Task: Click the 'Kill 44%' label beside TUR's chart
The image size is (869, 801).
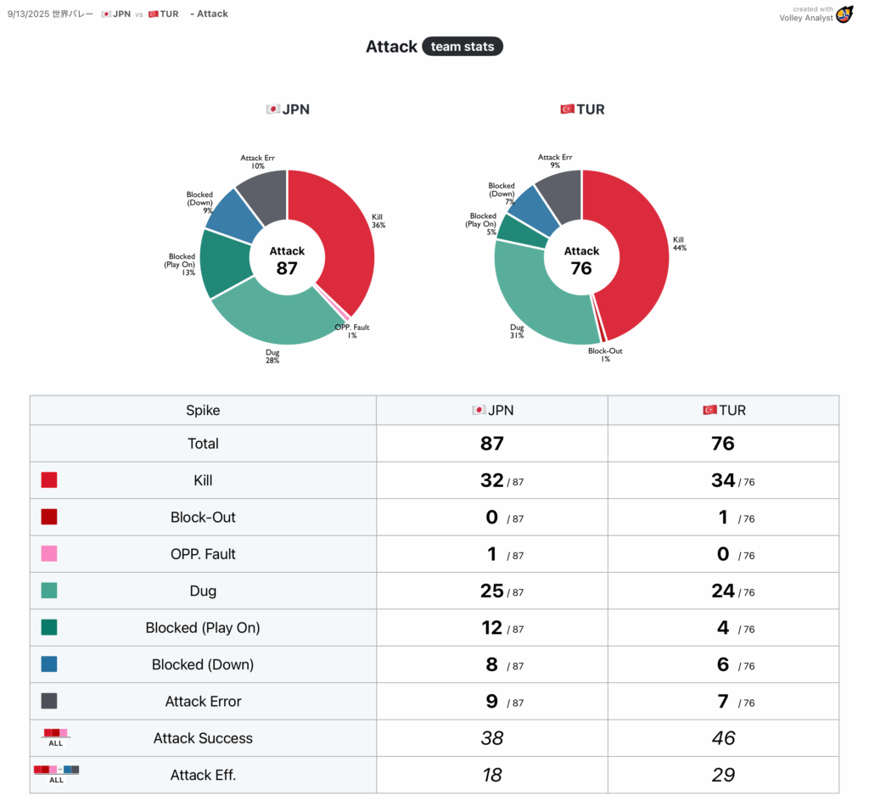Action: pyautogui.click(x=679, y=244)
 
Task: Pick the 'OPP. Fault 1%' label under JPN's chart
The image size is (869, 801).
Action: pyautogui.click(x=351, y=331)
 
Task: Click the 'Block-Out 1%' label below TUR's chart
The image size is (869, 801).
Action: pyautogui.click(x=604, y=355)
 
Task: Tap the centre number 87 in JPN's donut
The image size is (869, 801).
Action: pyautogui.click(x=287, y=268)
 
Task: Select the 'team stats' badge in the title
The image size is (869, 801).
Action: pyautogui.click(x=463, y=47)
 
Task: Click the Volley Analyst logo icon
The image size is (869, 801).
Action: pyautogui.click(x=844, y=14)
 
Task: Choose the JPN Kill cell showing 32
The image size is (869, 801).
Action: pyautogui.click(x=492, y=480)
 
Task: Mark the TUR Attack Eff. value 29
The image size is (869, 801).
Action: pyautogui.click(x=723, y=775)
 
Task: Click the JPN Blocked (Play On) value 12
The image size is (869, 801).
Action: pyautogui.click(x=492, y=628)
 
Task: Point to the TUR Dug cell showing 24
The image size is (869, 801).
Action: pyautogui.click(x=723, y=591)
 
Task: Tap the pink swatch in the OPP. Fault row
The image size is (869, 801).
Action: pyautogui.click(x=49, y=554)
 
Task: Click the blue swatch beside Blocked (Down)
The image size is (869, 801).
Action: pyautogui.click(x=49, y=664)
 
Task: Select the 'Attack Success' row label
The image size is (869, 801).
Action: pyautogui.click(x=203, y=738)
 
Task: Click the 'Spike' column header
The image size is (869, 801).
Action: pyautogui.click(x=203, y=411)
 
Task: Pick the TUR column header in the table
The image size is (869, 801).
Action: pyautogui.click(x=724, y=411)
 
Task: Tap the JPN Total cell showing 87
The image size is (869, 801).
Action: pyautogui.click(x=492, y=444)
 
